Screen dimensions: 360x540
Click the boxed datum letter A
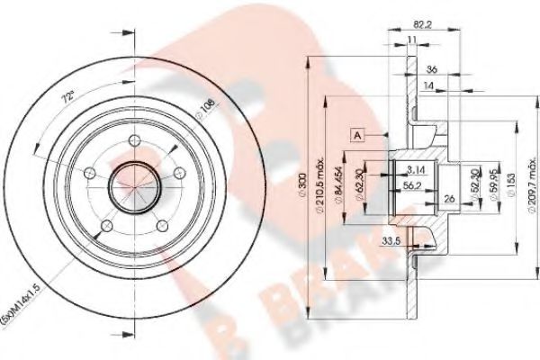tap(357, 135)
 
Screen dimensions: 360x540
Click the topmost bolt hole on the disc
tap(131, 140)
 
